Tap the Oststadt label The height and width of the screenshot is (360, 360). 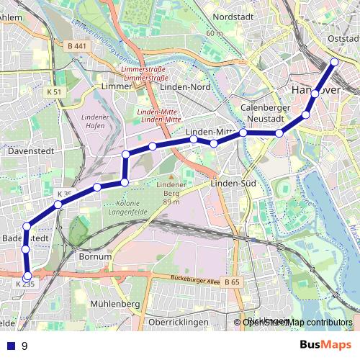click(342, 40)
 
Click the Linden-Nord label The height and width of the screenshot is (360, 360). click(183, 86)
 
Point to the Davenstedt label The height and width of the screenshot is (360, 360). click(27, 152)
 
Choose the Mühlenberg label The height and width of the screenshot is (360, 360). click(115, 305)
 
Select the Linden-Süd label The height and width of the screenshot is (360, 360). click(230, 184)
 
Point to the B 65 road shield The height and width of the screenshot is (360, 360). click(232, 283)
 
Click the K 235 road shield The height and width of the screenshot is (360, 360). click(24, 284)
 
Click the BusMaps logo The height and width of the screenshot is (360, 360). click(325, 346)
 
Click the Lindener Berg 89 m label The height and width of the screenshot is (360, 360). click(171, 193)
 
